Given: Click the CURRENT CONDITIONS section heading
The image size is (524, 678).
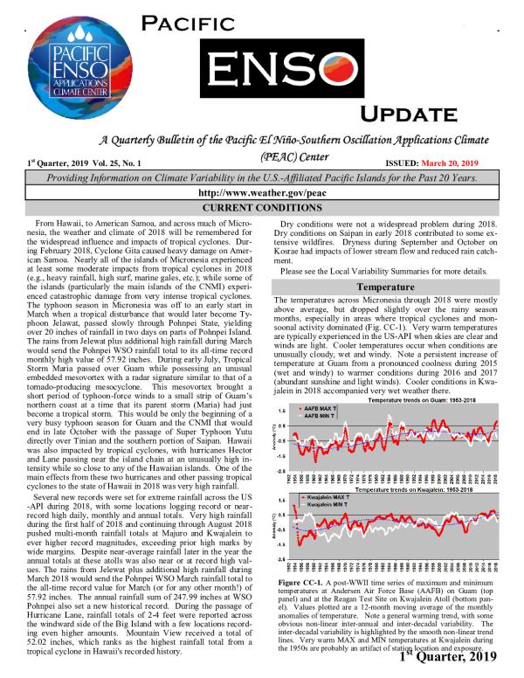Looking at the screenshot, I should coord(261,208).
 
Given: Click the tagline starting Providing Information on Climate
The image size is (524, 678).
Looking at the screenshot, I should coord(261,177).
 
